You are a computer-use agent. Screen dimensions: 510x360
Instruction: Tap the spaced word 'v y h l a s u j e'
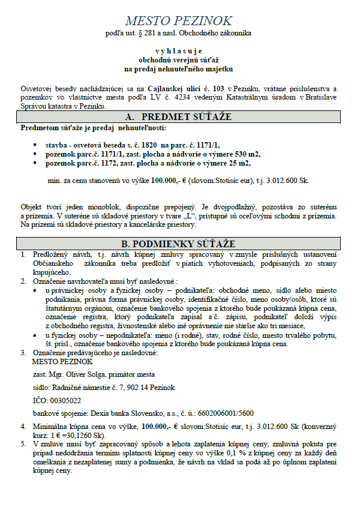pyautogui.click(x=179, y=52)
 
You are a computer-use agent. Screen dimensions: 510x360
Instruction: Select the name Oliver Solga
pyautogui.click(x=89, y=374)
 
